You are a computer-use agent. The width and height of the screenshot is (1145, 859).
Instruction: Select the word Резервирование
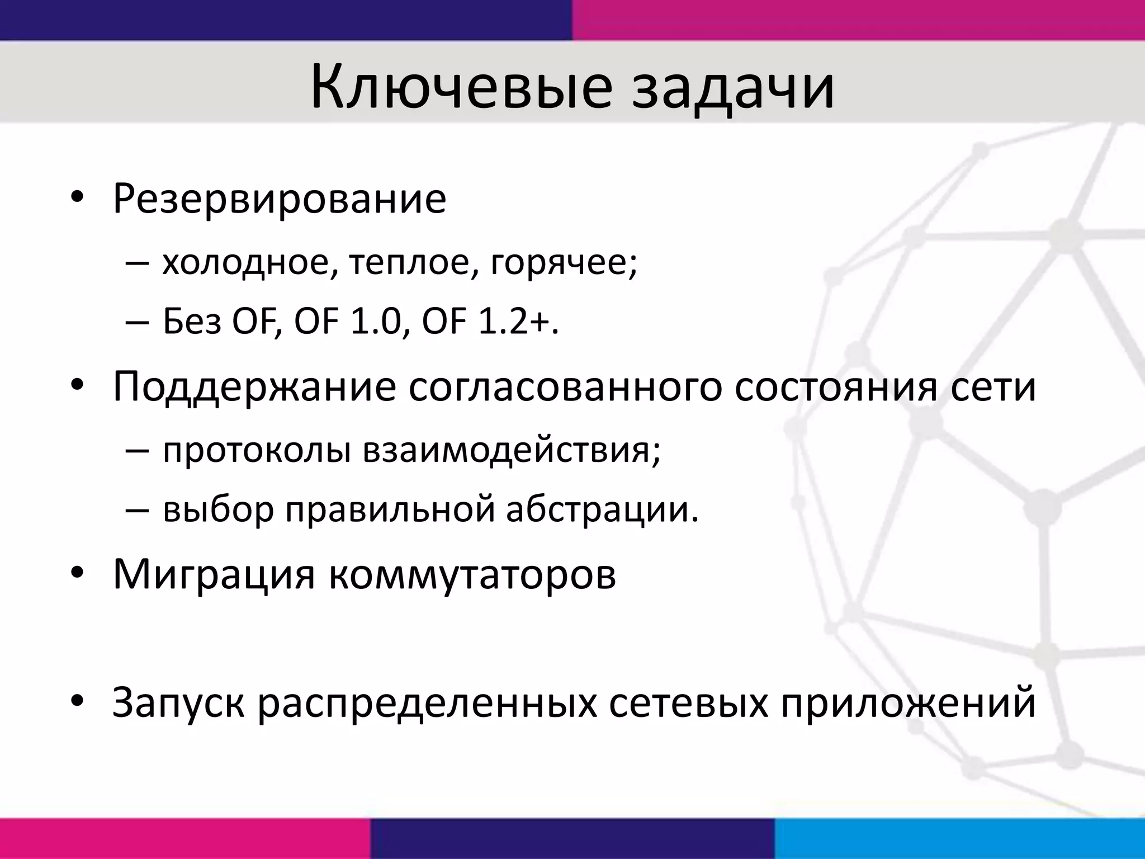pos(280,198)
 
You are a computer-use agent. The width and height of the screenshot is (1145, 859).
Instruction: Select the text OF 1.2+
pos(490,323)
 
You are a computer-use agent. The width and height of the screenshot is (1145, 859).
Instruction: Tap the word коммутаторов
pos(472,574)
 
